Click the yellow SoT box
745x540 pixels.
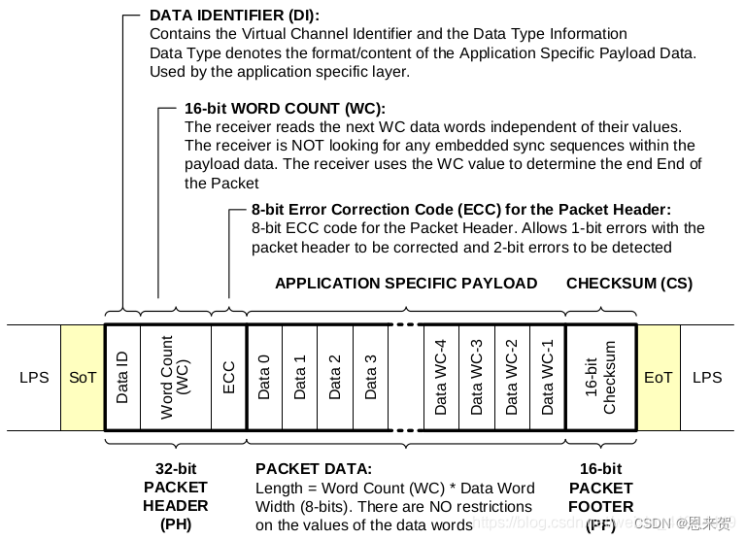click(x=83, y=377)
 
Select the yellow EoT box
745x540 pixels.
click(x=658, y=377)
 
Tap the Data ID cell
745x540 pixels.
click(x=122, y=377)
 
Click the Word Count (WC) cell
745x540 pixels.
click(x=176, y=377)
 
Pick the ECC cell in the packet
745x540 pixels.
click(x=229, y=377)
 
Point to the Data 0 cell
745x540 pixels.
click(x=264, y=377)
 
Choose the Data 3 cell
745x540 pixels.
click(x=370, y=377)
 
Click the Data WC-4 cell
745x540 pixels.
click(x=441, y=377)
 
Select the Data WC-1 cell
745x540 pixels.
click(x=547, y=377)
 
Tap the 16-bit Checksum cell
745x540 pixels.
click(x=600, y=377)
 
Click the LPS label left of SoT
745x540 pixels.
click(x=33, y=377)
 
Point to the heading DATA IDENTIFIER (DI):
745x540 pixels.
click(x=234, y=16)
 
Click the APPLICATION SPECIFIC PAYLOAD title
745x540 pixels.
click(x=406, y=284)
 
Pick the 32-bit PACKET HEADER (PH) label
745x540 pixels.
click(x=176, y=496)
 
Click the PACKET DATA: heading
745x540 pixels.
click(x=313, y=468)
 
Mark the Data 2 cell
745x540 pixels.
click(x=335, y=377)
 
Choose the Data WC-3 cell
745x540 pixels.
click(x=476, y=377)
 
